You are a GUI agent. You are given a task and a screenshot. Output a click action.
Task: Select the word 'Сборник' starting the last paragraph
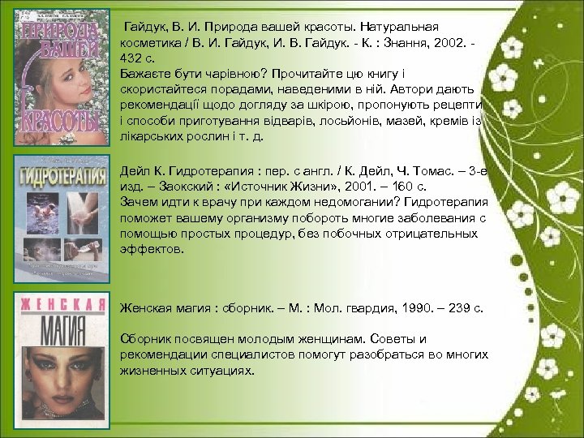pyautogui.click(x=144, y=338)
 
